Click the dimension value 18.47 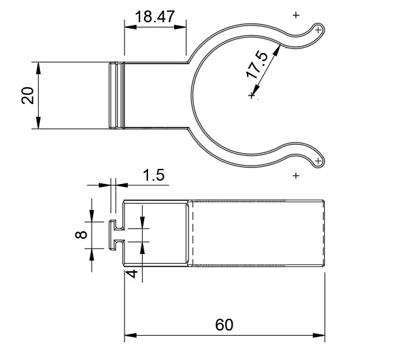[x=155, y=16]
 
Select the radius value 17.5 [x=257, y=65]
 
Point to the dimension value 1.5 [x=153, y=175]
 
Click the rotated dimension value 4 [x=132, y=274]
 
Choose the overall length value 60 [x=223, y=324]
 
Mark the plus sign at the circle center [x=252, y=96]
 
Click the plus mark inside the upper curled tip [x=318, y=29]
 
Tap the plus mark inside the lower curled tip [x=318, y=160]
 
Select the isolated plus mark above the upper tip [x=296, y=14]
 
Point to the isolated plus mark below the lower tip [x=296, y=175]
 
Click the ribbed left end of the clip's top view [x=115, y=96]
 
